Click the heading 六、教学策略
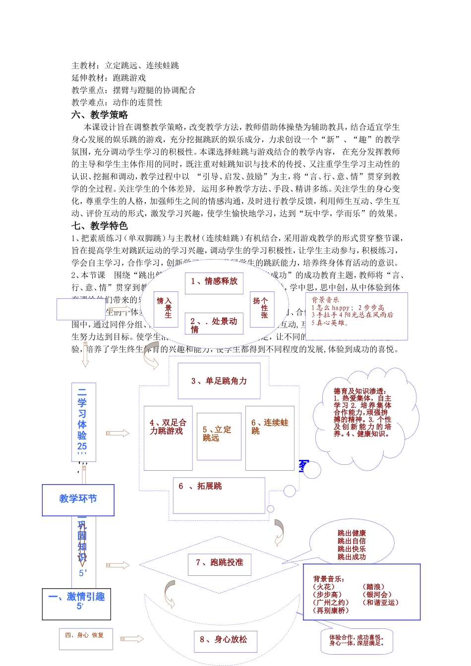click(x=100, y=115)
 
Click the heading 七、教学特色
click(x=100, y=226)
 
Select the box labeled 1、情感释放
click(x=214, y=282)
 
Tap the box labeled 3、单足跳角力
click(x=219, y=381)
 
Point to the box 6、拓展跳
click(x=219, y=495)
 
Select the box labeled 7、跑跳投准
click(x=220, y=563)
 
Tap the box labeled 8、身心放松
click(x=224, y=640)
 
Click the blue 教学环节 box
click(x=78, y=499)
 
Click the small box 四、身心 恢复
click(x=85, y=638)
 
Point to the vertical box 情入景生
click(x=165, y=309)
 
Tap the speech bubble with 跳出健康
click(x=352, y=545)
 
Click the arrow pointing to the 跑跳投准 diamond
click(x=118, y=565)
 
